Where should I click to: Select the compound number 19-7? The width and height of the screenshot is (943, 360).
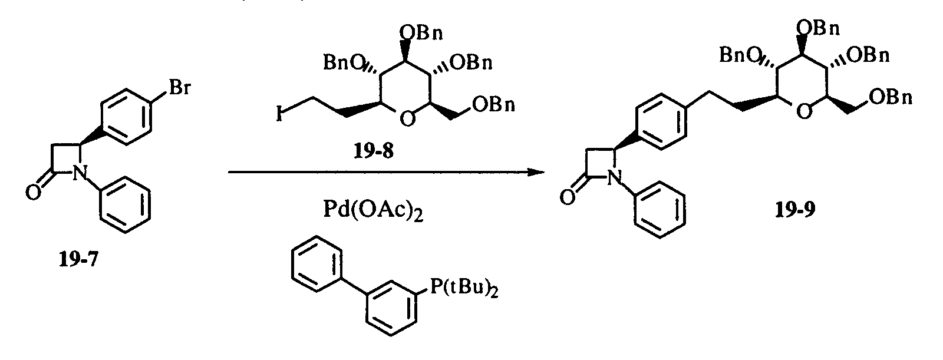click(79, 260)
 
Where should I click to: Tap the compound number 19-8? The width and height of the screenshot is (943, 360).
click(373, 151)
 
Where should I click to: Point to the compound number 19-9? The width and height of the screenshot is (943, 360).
click(795, 209)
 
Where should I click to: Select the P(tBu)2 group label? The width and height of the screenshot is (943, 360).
click(464, 289)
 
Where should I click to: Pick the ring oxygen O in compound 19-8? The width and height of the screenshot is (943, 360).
click(407, 120)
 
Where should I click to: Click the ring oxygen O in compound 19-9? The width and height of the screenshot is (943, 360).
click(804, 111)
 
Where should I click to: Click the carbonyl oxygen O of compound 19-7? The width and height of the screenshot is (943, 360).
click(34, 193)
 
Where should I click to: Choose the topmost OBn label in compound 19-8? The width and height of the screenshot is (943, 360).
click(421, 32)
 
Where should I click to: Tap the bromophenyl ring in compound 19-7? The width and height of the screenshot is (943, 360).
click(126, 112)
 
